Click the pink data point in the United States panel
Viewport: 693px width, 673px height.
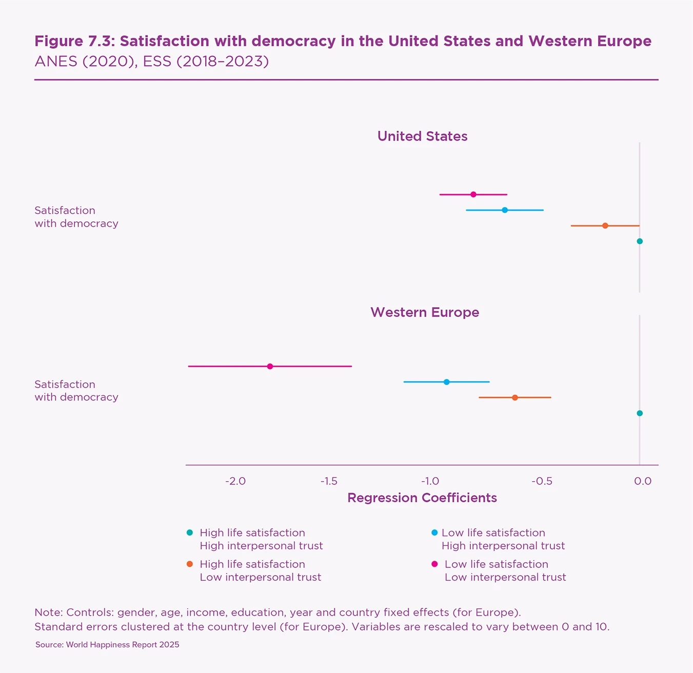(473, 194)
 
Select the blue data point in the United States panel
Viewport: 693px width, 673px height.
(505, 210)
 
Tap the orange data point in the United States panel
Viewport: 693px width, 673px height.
(605, 226)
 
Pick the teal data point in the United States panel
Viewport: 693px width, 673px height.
(640, 241)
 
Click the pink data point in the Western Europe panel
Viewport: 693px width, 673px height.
(270, 366)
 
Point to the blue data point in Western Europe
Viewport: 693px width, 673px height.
(446, 382)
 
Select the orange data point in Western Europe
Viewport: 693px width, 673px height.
(515, 397)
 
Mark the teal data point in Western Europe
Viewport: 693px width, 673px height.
(640, 413)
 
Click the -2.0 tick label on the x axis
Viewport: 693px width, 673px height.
(235, 481)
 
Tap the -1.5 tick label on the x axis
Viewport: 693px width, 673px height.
(329, 481)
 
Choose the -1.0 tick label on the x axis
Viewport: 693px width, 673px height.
(430, 481)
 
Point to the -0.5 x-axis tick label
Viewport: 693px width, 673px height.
(542, 481)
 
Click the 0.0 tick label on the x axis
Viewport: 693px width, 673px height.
(643, 481)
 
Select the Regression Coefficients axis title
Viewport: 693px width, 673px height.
(422, 498)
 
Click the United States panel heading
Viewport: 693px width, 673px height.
(422, 136)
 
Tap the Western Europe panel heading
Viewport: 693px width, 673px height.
(425, 312)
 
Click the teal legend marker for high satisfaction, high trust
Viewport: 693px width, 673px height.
(190, 533)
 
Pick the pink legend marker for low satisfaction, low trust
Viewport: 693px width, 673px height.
(434, 564)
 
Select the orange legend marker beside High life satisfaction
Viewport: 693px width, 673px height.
(190, 564)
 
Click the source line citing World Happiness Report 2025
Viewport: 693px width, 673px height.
(107, 645)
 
